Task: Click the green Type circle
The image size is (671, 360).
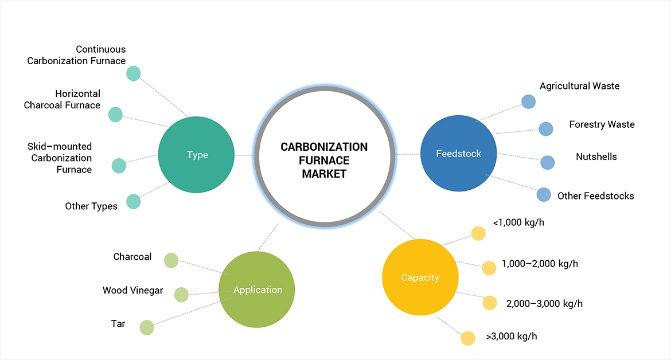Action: tap(196, 155)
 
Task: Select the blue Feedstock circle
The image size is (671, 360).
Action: tap(458, 154)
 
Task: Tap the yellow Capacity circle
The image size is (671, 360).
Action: tap(420, 277)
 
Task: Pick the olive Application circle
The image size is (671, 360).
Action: tap(258, 289)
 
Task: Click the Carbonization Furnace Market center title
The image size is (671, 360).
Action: tap(324, 160)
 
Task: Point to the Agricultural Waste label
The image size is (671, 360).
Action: tap(579, 86)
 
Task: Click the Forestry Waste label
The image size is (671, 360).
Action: tap(602, 124)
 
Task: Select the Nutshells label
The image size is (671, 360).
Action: tap(596, 156)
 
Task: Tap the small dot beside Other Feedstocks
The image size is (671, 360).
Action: tap(544, 194)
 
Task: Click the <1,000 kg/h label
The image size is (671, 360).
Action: tap(518, 222)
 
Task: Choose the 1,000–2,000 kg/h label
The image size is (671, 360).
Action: tap(540, 264)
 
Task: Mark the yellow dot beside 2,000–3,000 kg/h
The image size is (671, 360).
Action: tap(490, 303)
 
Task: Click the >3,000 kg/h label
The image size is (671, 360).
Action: tap(512, 336)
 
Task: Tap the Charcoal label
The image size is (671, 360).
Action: tap(132, 257)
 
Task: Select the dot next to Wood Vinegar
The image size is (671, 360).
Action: tap(181, 295)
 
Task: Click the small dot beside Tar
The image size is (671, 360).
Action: tap(147, 327)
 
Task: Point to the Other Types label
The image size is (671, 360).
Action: tap(91, 206)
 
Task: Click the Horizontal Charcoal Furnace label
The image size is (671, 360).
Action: tap(62, 99)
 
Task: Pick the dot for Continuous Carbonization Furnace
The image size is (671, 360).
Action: tap(133, 73)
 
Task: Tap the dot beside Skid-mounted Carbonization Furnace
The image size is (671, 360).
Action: tap(119, 166)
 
